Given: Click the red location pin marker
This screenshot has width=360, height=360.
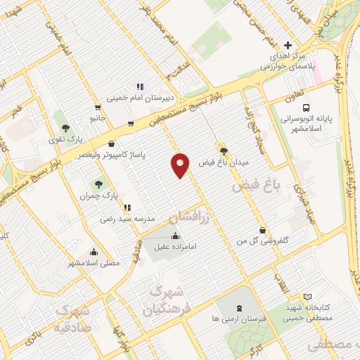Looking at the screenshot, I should [x=181, y=165].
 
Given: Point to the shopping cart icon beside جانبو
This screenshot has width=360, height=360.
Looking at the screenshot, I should [x=131, y=124].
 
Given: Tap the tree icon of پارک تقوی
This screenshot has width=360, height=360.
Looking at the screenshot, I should [x=65, y=128].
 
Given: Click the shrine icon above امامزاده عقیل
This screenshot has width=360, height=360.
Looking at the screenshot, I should [x=175, y=236].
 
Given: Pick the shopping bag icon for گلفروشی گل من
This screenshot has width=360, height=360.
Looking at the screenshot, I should [x=263, y=230].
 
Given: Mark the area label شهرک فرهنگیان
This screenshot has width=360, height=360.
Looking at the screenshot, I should [x=164, y=301].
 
